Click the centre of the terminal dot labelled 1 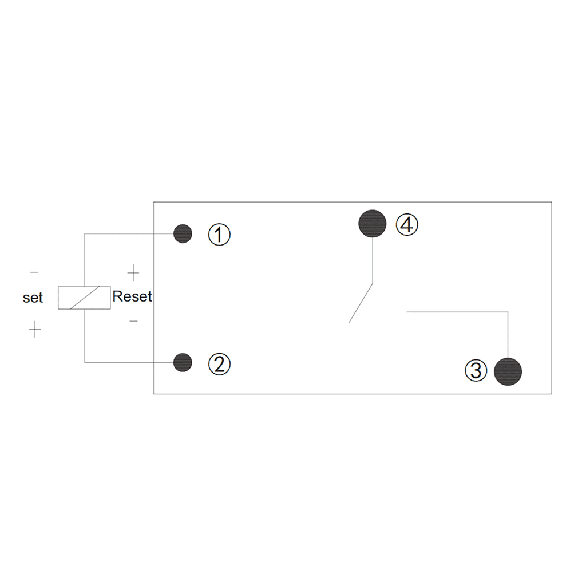tap(183, 234)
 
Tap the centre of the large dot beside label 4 tap(372, 224)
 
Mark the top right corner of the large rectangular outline tap(552, 202)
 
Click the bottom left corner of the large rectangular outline tap(153, 394)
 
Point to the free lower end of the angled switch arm tap(349, 323)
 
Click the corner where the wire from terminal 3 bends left tap(508, 312)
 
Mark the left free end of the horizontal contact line tap(407, 312)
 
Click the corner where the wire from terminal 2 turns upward tap(85, 362)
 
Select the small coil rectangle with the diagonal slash tap(85, 298)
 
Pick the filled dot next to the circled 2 tap(183, 362)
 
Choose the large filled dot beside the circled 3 tap(508, 371)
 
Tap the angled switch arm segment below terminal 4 tap(361, 303)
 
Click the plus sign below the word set tap(35, 329)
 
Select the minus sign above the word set tap(34, 272)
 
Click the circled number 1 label tap(219, 235)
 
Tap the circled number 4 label tap(407, 224)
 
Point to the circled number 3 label tap(476, 371)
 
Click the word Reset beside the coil tap(132, 296)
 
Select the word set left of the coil tap(33, 298)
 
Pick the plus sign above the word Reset tap(133, 272)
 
